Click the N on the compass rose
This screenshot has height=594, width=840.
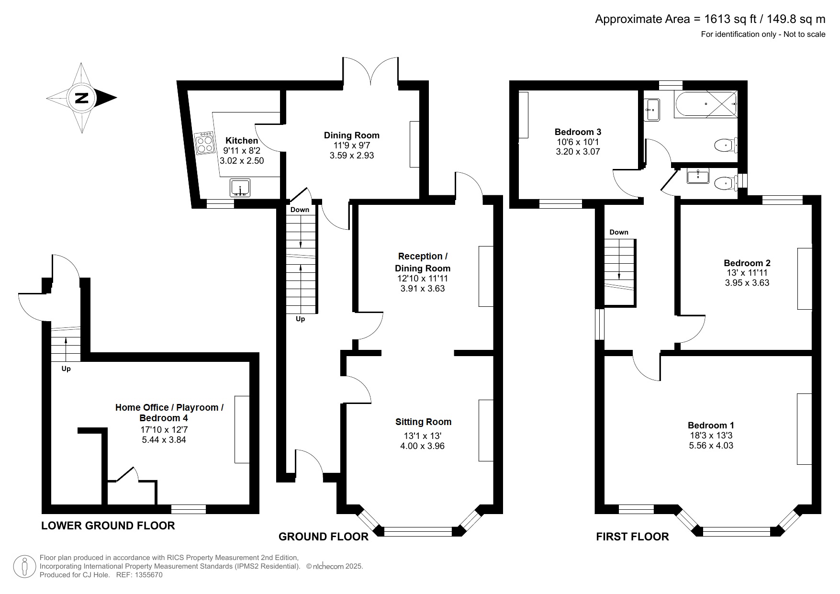point(82,98)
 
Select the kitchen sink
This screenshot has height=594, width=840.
point(240,187)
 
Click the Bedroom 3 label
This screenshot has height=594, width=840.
point(578,132)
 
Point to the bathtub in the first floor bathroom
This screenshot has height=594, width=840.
point(705,104)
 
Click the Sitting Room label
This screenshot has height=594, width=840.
point(423,422)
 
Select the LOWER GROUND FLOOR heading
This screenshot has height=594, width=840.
point(108,526)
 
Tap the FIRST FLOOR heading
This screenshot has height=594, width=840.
point(632,537)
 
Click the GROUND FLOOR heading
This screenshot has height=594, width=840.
point(324,537)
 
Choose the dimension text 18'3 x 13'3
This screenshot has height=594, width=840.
point(711,435)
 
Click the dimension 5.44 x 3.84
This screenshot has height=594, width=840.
point(164,439)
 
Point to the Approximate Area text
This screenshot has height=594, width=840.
point(710,19)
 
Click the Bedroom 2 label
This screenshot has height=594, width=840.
point(747,263)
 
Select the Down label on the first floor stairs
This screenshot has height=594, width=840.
point(618,232)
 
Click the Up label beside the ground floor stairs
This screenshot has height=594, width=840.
point(300,319)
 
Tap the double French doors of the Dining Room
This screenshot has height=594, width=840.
point(370,72)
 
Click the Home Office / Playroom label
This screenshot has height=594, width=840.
point(169,407)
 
